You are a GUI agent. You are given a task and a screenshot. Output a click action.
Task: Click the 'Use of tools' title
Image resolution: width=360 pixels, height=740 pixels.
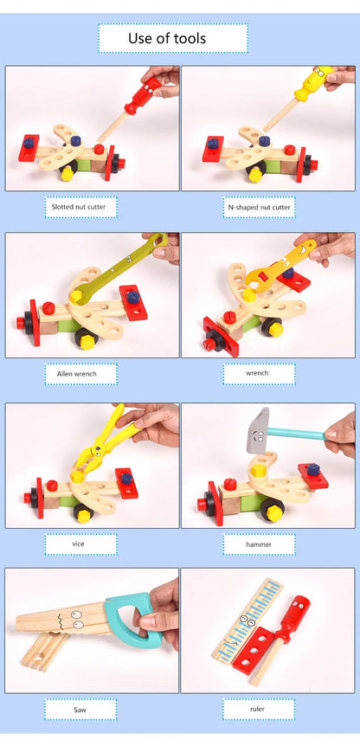click(173, 38)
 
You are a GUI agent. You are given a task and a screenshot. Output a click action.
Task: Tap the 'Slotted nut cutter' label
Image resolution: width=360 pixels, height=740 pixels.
click(80, 207)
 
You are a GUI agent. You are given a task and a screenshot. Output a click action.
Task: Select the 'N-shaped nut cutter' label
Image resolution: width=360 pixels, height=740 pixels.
click(259, 207)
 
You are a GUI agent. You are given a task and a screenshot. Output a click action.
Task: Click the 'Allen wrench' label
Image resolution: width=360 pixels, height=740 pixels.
click(80, 374)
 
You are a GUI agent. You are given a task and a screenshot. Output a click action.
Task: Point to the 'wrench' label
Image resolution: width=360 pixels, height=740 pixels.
click(259, 374)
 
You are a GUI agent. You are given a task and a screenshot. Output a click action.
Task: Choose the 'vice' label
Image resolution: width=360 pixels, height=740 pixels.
click(80, 544)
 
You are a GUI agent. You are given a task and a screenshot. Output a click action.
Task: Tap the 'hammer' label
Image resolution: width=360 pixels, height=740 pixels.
click(259, 544)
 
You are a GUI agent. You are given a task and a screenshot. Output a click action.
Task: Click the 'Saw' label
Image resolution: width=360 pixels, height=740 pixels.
click(80, 710)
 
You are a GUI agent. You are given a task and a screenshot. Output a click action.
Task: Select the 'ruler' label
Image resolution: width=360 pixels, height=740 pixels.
click(259, 710)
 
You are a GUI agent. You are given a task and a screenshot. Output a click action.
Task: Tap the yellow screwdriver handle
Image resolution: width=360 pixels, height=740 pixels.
click(310, 84)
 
